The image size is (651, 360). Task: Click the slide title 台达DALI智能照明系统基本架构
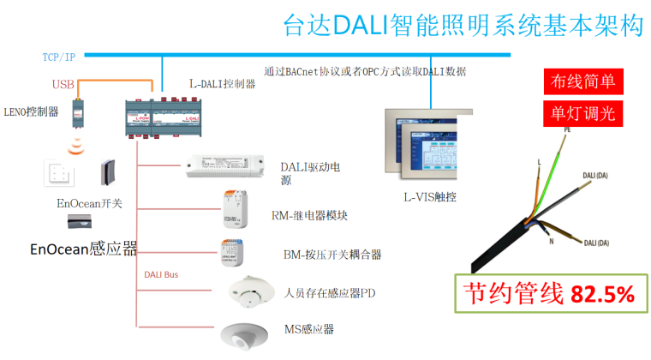click(463, 27)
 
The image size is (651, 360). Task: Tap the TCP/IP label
click(58, 57)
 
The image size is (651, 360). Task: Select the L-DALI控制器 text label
click(222, 84)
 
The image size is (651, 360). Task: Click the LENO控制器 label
click(31, 111)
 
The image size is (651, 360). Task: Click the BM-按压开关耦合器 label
click(331, 255)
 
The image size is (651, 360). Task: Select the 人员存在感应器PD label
click(330, 293)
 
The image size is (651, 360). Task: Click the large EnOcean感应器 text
click(83, 249)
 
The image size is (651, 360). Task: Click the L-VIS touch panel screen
click(432, 146)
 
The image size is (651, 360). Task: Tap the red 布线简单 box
click(582, 82)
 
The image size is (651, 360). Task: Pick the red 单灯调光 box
click(582, 114)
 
